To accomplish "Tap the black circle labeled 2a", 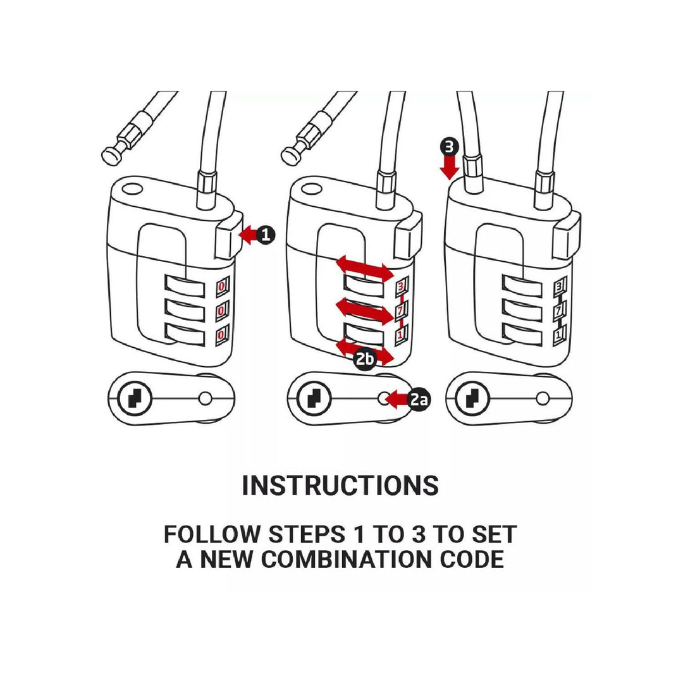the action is [419, 399].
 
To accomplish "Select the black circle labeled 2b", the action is [365, 359].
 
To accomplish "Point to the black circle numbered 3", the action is [449, 147].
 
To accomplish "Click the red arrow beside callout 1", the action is [249, 235].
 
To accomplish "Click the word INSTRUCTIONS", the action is [340, 485].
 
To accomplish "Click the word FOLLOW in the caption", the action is [212, 534].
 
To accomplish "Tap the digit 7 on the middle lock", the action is [400, 311].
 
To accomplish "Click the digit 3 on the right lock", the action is [559, 286].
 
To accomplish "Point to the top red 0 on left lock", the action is [222, 286].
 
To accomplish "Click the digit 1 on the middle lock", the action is [400, 335].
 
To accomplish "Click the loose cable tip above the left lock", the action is [113, 155].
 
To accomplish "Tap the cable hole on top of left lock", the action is [132, 190].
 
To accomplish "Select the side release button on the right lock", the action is [567, 235].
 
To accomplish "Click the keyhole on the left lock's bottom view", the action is [135, 398].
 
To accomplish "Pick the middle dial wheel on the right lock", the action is [522, 310].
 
